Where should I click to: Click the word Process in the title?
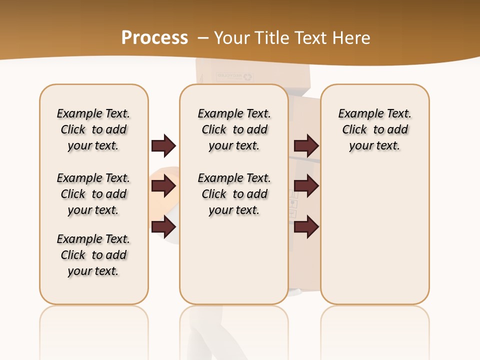(x=154, y=37)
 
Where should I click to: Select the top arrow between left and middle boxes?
(x=163, y=146)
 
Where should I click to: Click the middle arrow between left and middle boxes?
(x=163, y=186)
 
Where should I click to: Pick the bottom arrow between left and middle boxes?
(x=163, y=227)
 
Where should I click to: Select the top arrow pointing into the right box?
(x=306, y=146)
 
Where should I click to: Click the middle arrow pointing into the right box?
(x=306, y=186)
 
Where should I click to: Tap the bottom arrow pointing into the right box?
(x=306, y=227)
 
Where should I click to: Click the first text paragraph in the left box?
(x=93, y=129)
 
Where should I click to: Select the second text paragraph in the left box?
(x=93, y=194)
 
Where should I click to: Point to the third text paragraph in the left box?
(x=93, y=255)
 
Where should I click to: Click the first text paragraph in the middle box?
(x=234, y=129)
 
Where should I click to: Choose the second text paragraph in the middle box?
(x=234, y=194)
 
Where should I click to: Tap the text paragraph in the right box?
(x=375, y=129)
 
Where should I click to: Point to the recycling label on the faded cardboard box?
(x=235, y=76)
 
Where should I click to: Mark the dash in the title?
(x=203, y=38)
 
